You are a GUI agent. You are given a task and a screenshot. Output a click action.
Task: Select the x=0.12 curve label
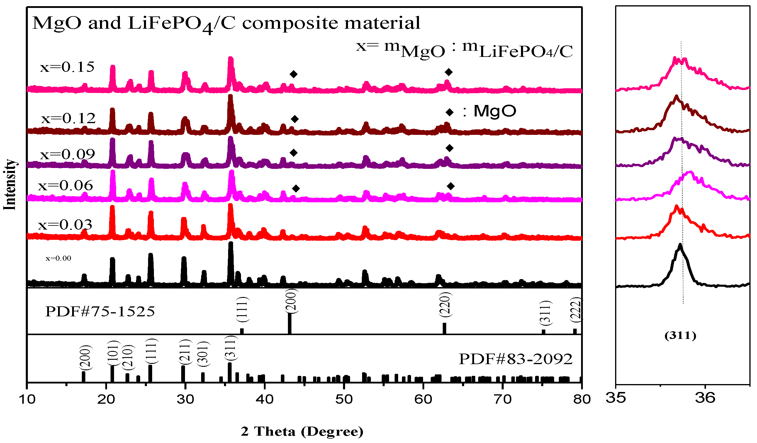pyautogui.click(x=68, y=119)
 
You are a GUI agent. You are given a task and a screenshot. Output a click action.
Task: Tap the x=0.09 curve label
pyautogui.click(x=67, y=155)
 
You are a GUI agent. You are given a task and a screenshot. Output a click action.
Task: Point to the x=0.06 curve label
pyautogui.click(x=65, y=186)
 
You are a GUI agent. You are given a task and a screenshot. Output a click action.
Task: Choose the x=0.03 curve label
pyautogui.click(x=65, y=225)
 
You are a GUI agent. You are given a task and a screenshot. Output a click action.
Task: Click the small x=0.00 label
pyautogui.click(x=58, y=258)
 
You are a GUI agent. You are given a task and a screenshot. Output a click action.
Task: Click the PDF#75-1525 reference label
pyautogui.click(x=100, y=311)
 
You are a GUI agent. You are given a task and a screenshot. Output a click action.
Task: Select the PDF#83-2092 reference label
pyautogui.click(x=515, y=359)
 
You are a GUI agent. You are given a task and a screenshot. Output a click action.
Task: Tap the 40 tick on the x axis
pyautogui.click(x=265, y=399)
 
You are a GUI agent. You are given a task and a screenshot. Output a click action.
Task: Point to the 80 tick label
pyautogui.click(x=582, y=399)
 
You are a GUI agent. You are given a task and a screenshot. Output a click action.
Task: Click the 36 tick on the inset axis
pyautogui.click(x=705, y=398)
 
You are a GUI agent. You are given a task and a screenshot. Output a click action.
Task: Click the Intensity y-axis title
pyautogui.click(x=10, y=185)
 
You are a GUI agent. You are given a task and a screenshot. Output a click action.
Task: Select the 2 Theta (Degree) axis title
pyautogui.click(x=302, y=432)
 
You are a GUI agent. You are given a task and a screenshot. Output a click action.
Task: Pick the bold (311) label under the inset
pyautogui.click(x=680, y=335)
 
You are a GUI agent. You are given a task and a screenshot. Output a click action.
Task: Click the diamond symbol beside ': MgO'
pyautogui.click(x=449, y=112)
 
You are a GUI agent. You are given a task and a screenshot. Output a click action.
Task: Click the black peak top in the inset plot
pyautogui.click(x=680, y=245)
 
